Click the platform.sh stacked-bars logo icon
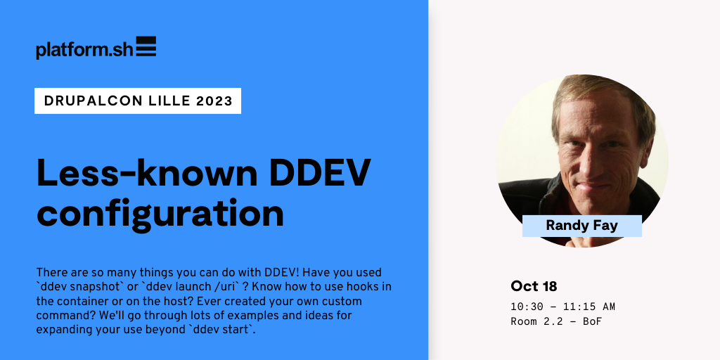146,46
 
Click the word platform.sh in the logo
85,50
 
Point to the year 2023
214,101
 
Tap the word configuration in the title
160,213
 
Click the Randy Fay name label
581,226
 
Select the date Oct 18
534,287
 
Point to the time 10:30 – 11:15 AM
563,307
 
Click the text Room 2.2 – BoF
556,321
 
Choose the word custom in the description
344,301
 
